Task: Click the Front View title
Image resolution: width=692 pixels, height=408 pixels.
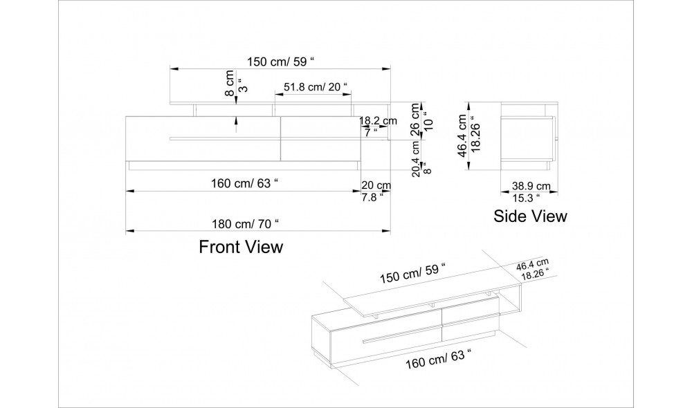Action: pyautogui.click(x=241, y=247)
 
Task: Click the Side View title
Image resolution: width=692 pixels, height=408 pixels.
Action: pyautogui.click(x=530, y=216)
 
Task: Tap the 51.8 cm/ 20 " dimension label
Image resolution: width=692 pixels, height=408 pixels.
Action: pyautogui.click(x=316, y=86)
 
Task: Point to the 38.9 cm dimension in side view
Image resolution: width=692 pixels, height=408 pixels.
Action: pyautogui.click(x=531, y=185)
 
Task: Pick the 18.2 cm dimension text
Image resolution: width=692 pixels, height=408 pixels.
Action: pyautogui.click(x=379, y=120)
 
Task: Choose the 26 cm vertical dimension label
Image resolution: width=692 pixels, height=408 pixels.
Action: pyautogui.click(x=416, y=119)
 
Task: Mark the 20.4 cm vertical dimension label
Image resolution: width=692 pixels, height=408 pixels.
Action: pyautogui.click(x=417, y=160)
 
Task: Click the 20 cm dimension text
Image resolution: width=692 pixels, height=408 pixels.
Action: pyautogui.click(x=376, y=185)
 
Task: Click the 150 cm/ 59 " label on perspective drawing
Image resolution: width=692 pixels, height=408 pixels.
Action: pyautogui.click(x=412, y=273)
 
